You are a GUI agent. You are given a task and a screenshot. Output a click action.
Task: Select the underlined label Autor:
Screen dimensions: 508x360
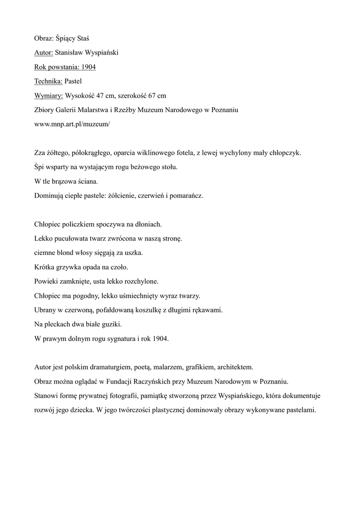[43, 53]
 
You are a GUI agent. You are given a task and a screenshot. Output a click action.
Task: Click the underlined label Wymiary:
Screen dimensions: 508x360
[49, 96]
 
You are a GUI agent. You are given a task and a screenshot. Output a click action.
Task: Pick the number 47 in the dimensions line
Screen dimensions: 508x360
[101, 96]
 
